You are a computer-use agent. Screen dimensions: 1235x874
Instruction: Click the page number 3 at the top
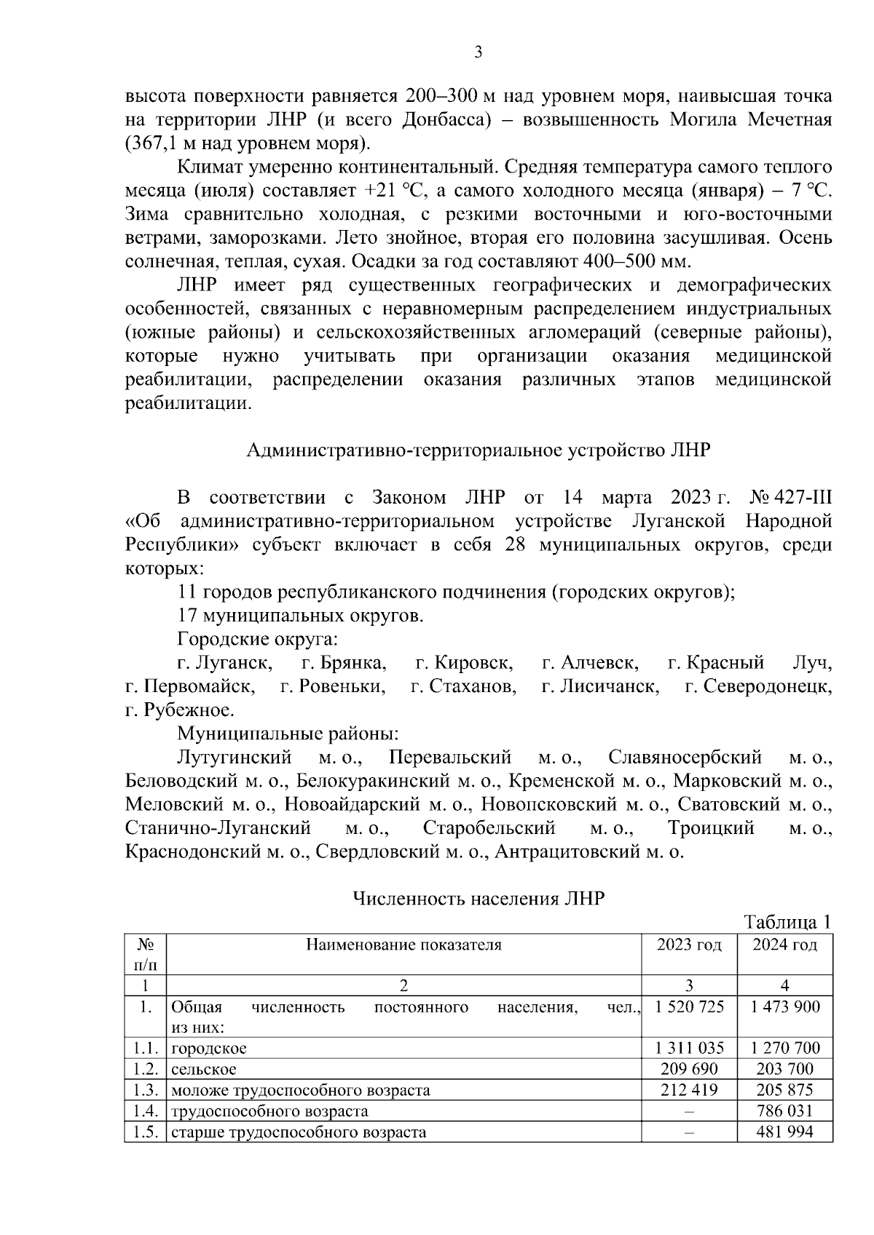(x=478, y=52)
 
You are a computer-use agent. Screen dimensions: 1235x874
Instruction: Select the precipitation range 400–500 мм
(x=637, y=261)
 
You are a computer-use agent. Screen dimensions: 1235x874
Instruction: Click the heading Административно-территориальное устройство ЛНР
(x=478, y=450)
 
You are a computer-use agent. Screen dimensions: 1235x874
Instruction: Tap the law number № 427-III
(x=790, y=498)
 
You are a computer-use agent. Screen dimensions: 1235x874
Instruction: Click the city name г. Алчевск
(x=590, y=663)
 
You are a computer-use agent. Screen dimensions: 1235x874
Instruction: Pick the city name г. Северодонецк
(x=757, y=686)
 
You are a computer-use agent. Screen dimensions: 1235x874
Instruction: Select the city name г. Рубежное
(x=179, y=710)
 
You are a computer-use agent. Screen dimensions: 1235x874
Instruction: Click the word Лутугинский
(x=234, y=758)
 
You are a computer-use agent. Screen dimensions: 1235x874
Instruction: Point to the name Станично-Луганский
(x=218, y=828)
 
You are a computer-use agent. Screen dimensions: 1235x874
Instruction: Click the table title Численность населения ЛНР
(x=478, y=899)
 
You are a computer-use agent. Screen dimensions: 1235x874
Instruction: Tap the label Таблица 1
(x=787, y=923)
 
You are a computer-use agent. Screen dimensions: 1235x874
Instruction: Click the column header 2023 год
(x=688, y=945)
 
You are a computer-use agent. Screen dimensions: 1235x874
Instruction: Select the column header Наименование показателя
(x=403, y=945)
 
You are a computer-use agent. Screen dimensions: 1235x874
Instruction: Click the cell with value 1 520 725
(x=689, y=1007)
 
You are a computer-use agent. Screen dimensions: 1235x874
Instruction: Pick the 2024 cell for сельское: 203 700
(x=784, y=1069)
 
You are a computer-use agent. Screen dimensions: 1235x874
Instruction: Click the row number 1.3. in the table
(x=146, y=1090)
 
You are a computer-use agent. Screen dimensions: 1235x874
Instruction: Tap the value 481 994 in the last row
(x=784, y=1132)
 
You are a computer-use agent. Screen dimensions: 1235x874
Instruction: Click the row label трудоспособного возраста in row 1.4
(x=269, y=1111)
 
